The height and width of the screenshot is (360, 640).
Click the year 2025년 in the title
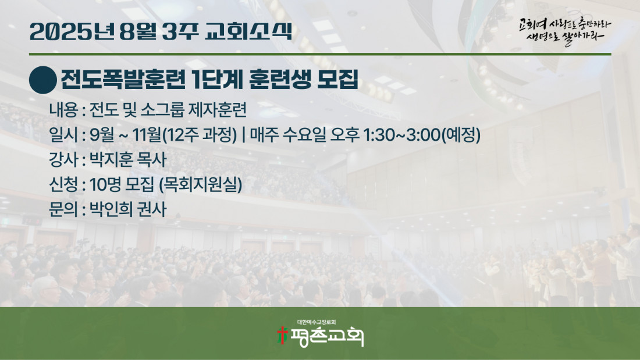(72, 31)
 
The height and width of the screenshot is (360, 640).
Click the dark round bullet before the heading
(43, 80)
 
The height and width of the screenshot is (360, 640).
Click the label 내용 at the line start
(63, 110)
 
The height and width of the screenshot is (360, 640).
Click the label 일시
(63, 135)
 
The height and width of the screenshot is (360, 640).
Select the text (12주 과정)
(200, 135)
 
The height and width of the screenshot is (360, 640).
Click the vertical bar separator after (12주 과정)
(244, 135)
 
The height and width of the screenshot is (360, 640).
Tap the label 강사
(63, 159)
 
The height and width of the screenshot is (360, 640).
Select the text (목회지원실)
(200, 184)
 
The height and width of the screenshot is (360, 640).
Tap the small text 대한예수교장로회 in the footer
(317, 322)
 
